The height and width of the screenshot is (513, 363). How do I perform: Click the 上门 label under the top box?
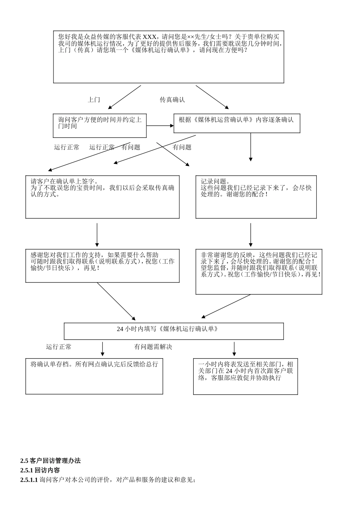pyautogui.click(x=94, y=100)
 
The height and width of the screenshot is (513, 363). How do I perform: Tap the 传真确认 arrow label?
pyautogui.click(x=172, y=100)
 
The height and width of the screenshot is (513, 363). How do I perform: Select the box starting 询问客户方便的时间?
pyautogui.click(x=100, y=126)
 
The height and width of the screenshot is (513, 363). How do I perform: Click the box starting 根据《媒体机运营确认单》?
pyautogui.click(x=237, y=123)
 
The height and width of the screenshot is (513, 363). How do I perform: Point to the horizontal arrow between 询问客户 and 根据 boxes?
pyautogui.click(x=160, y=126)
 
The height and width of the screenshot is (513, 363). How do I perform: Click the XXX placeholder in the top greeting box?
pyautogui.click(x=149, y=37)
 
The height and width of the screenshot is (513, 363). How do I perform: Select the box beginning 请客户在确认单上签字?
pyautogui.click(x=102, y=197)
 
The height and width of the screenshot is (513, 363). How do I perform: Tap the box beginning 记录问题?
pyautogui.click(x=256, y=197)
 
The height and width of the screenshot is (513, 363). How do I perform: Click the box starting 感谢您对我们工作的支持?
pyautogui.click(x=102, y=266)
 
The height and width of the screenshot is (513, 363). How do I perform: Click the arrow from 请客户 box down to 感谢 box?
pyautogui.click(x=97, y=234)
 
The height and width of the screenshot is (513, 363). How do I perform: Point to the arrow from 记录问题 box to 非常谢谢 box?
pyautogui.click(x=251, y=234)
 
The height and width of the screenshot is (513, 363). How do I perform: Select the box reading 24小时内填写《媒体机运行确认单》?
pyautogui.click(x=173, y=331)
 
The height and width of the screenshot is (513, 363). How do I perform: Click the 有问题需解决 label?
pyautogui.click(x=153, y=347)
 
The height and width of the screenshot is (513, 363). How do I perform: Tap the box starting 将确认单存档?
pyautogui.click(x=94, y=376)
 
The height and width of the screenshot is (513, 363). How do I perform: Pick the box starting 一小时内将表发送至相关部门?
pyautogui.click(x=245, y=376)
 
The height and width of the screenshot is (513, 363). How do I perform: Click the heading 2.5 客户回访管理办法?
pyautogui.click(x=50, y=460)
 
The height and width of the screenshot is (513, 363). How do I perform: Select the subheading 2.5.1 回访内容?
pyautogui.click(x=40, y=470)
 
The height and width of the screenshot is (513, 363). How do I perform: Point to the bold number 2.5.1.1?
pyautogui.click(x=29, y=480)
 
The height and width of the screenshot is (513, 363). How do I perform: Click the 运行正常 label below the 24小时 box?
pyautogui.click(x=58, y=347)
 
